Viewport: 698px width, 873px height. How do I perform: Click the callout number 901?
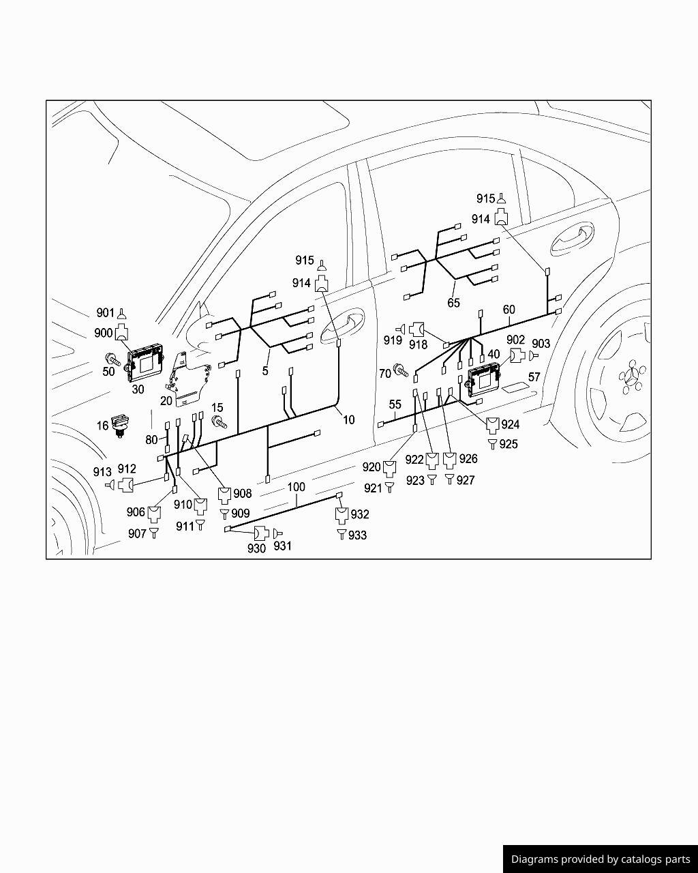[x=106, y=313]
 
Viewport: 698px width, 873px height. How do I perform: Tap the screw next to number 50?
[x=112, y=359]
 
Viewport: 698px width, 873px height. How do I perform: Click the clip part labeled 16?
[x=119, y=424]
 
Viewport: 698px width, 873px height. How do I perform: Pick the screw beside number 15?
[x=219, y=422]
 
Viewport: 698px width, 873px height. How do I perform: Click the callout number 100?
[x=296, y=486]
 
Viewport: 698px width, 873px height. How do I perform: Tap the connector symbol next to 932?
[x=342, y=515]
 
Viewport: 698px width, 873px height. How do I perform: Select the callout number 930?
[x=256, y=548]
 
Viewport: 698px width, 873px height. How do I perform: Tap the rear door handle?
[x=571, y=237]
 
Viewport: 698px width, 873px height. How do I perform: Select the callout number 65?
[x=453, y=303]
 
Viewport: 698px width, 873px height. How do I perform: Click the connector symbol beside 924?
[x=493, y=425]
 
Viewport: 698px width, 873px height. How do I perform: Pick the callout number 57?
[x=534, y=377]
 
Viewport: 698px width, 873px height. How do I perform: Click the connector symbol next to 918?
[x=416, y=329]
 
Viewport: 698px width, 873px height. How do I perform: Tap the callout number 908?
[x=243, y=493]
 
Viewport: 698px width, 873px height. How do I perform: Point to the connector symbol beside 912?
[x=126, y=484]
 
